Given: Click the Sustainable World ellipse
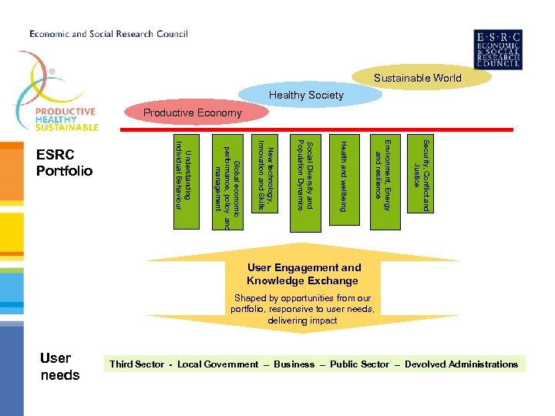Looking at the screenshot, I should pyautogui.click(x=417, y=78).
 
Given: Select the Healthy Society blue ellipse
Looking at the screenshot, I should pyautogui.click(x=306, y=96).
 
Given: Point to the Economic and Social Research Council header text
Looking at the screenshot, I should pyautogui.click(x=109, y=34).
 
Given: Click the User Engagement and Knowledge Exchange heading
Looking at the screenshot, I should pyautogui.click(x=304, y=274).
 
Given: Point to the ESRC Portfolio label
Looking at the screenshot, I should pyautogui.click(x=64, y=163).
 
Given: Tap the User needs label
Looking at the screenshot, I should pyautogui.click(x=59, y=367).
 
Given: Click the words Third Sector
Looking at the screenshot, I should pyautogui.click(x=136, y=364).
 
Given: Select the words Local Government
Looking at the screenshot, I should pyautogui.click(x=218, y=364).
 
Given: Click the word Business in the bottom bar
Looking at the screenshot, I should pyautogui.click(x=294, y=364).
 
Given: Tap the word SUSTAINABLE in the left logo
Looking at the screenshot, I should pyautogui.click(x=65, y=127).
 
